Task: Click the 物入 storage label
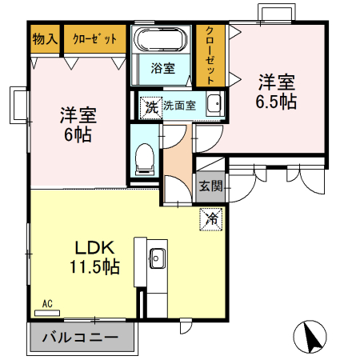tap(45, 38)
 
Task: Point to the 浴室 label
tap(163, 68)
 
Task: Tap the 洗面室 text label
tap(181, 105)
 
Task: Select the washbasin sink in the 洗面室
tap(213, 105)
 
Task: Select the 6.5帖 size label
tap(276, 102)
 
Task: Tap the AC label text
tap(47, 303)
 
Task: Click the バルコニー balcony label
tap(79, 338)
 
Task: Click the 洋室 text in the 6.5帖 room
tap(276, 82)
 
